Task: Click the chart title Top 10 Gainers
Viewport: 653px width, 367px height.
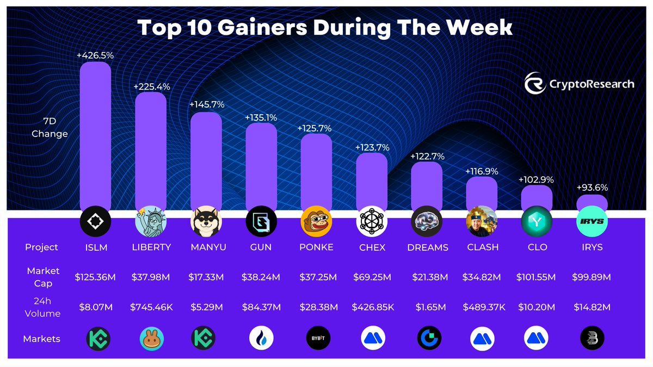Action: [x=325, y=27]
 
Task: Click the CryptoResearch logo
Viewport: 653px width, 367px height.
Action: [x=580, y=84]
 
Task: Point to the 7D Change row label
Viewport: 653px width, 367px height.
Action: [x=50, y=128]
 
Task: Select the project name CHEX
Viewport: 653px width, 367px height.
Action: [x=372, y=247]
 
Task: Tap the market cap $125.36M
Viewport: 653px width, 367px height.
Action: [x=95, y=277]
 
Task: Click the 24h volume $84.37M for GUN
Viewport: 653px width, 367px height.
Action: [x=261, y=308]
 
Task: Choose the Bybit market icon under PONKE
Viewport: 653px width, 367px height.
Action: [x=316, y=339]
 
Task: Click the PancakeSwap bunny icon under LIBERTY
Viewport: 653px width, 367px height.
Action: [x=151, y=339]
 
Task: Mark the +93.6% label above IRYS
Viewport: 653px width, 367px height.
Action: [x=592, y=188]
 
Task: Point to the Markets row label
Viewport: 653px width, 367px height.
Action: [x=41, y=339]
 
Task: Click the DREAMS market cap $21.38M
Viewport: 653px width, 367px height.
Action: [x=427, y=277]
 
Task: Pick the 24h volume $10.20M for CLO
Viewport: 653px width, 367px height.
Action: [x=536, y=308]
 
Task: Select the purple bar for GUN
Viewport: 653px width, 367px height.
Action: [x=261, y=166]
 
